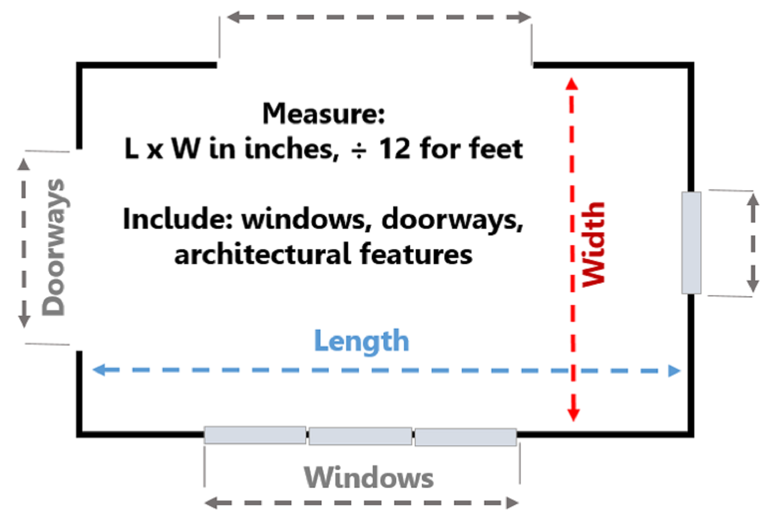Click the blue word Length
coord(361,341)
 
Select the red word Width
coord(594,244)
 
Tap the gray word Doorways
coord(54,247)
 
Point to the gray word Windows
coord(369,478)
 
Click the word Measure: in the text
coord(324,114)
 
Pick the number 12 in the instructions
coord(395,149)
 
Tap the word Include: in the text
coord(178,219)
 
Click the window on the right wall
coord(691,243)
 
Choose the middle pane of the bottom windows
coord(360,436)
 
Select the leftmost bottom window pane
coord(255,435)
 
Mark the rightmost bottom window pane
coord(465,437)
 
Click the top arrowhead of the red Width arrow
coord(572,84)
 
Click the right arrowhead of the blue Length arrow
coord(675,371)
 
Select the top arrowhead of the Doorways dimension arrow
coord(24,164)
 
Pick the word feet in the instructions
coord(496,149)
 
